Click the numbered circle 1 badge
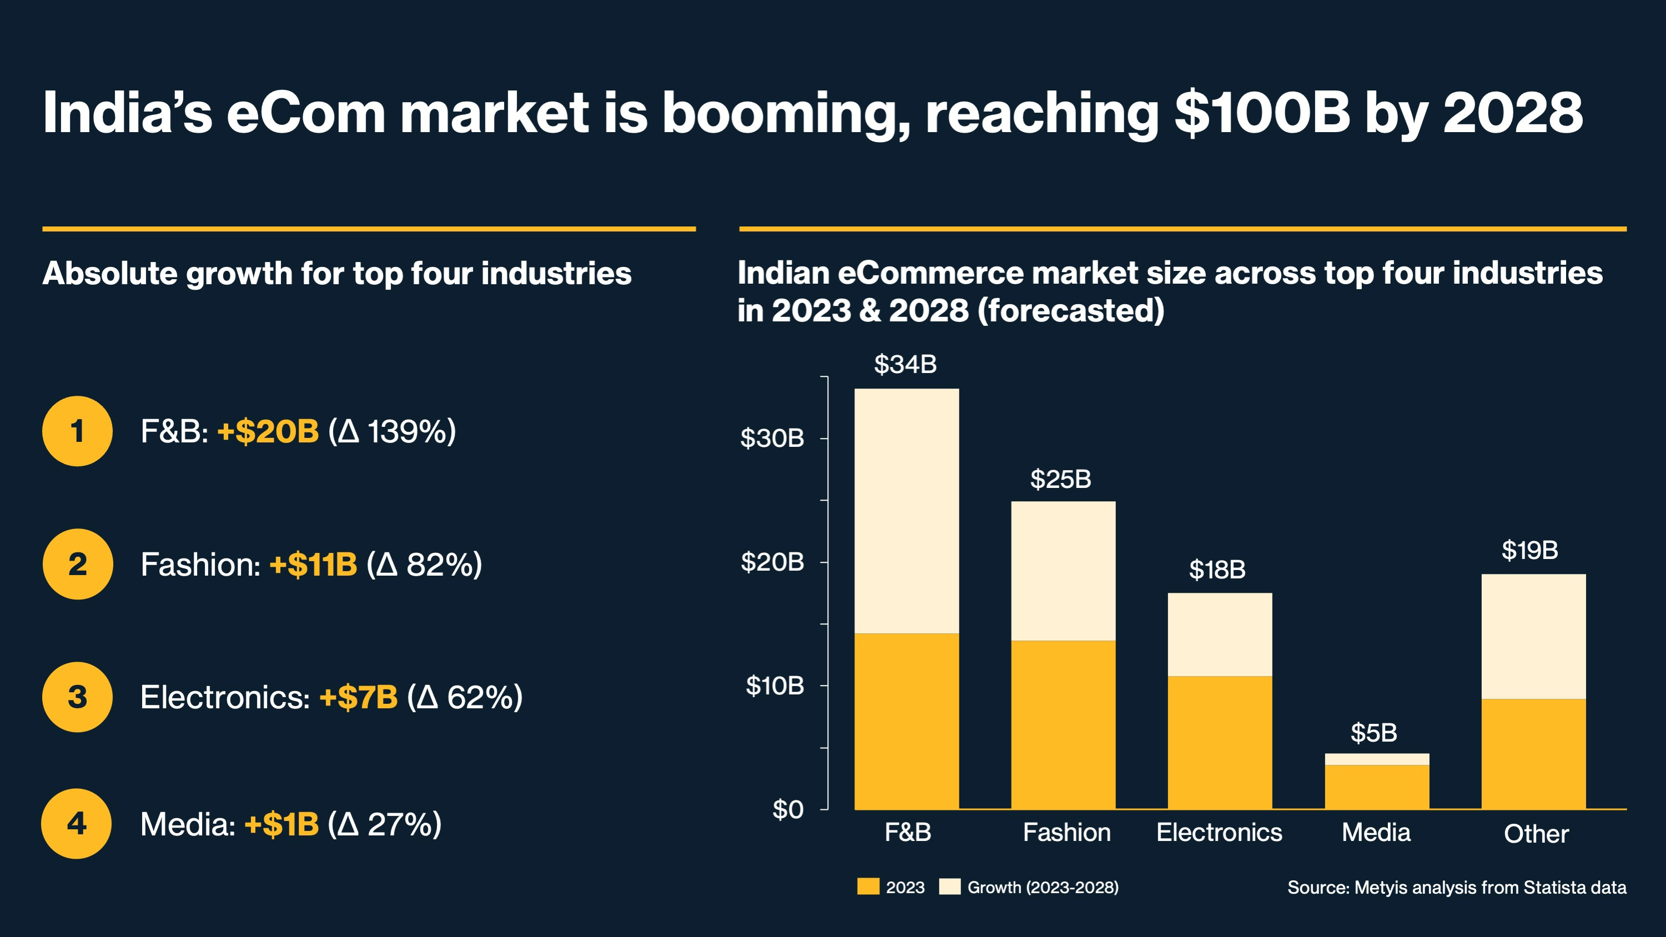[x=77, y=431]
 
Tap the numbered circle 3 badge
[x=77, y=697]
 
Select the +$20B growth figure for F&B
[x=268, y=431]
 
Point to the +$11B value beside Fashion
[x=313, y=565]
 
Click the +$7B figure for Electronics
[x=358, y=697]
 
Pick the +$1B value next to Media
[x=281, y=824]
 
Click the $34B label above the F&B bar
[x=905, y=364]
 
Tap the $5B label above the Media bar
[x=1373, y=733]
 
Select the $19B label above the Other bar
[x=1529, y=550]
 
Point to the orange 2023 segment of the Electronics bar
[x=1220, y=742]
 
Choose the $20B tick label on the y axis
[x=772, y=562]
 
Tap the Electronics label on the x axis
[x=1219, y=833]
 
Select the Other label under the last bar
[x=1536, y=834]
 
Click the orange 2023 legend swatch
[x=868, y=886]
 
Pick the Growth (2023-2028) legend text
[x=1043, y=887]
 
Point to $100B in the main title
[x=1262, y=113]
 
